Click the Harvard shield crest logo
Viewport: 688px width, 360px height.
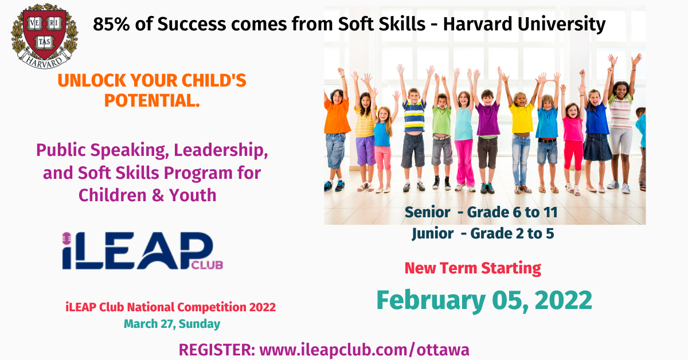click(45, 36)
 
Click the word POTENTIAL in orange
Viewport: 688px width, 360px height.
click(152, 100)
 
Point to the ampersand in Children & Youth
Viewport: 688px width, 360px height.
click(158, 195)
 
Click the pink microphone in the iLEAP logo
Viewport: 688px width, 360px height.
click(67, 238)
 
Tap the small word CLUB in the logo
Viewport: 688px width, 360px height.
click(207, 265)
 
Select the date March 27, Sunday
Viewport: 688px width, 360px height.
click(172, 324)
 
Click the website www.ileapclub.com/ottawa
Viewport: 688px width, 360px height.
click(364, 350)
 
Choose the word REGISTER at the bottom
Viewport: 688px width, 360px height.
click(217, 350)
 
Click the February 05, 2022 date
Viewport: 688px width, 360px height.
click(484, 300)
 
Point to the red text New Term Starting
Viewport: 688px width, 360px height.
click(472, 268)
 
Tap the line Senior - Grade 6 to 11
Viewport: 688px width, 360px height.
click(481, 212)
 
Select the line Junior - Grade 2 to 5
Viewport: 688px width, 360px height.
click(483, 233)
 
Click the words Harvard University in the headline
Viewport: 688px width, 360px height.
click(524, 24)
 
